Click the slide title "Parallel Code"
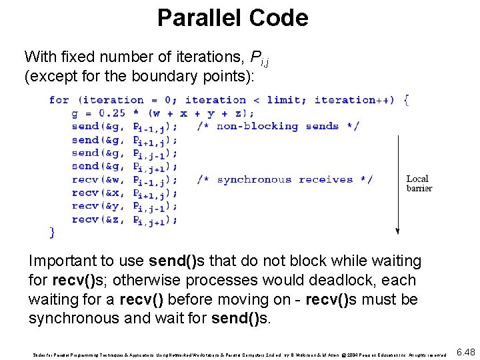point(233,18)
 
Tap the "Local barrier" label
point(419,183)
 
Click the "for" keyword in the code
point(59,100)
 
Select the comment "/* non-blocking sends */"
point(278,126)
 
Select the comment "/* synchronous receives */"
point(285,179)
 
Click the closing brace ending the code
point(53,232)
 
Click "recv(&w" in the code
point(96,179)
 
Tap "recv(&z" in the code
point(96,219)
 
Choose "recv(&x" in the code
point(96,193)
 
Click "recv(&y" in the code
point(96,206)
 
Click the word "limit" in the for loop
point(283,100)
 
